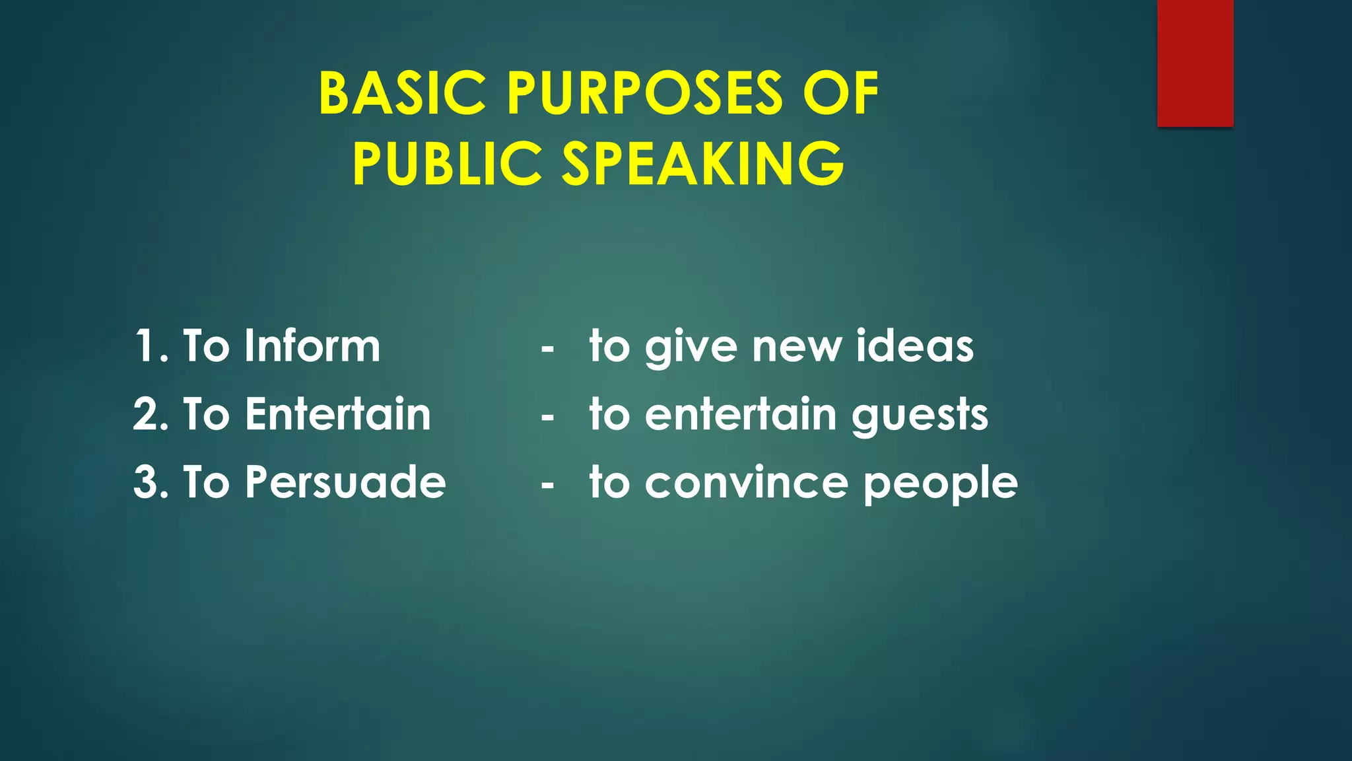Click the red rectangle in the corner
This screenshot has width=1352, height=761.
(x=1195, y=63)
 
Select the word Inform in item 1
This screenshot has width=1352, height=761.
(x=312, y=345)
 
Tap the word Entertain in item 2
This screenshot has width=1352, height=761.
(x=338, y=414)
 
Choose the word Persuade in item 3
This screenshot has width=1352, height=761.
(x=345, y=482)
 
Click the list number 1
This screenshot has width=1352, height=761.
(x=146, y=345)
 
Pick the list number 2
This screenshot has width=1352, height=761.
(x=146, y=414)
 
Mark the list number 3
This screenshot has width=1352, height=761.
(x=146, y=482)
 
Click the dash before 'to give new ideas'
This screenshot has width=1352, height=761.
(x=547, y=349)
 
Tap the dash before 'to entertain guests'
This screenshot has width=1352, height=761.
(x=547, y=417)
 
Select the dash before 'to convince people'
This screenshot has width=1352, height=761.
(x=547, y=486)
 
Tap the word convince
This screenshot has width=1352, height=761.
(x=746, y=482)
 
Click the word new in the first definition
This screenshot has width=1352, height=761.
(x=796, y=347)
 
